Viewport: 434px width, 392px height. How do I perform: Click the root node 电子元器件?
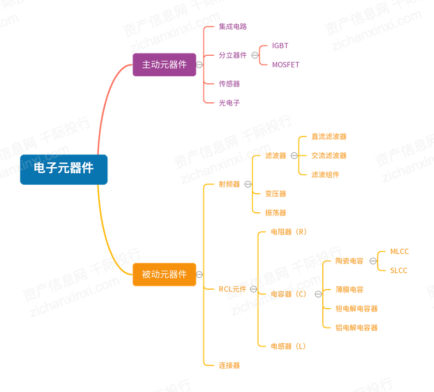click(63, 169)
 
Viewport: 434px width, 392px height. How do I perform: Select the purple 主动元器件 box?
click(164, 64)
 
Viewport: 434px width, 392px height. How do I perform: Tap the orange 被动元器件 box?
click(164, 275)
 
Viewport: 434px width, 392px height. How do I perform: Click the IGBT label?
click(280, 46)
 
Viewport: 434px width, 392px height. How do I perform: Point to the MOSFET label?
click(285, 65)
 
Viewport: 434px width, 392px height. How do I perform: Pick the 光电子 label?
click(229, 102)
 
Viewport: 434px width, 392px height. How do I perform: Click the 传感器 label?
click(229, 83)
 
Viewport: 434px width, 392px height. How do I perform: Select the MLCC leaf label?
click(399, 252)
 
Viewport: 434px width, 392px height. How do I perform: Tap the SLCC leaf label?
click(399, 271)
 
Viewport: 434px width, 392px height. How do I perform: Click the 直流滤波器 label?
click(329, 136)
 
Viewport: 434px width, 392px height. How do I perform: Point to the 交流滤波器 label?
click(329, 155)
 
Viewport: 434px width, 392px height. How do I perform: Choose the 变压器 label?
click(276, 193)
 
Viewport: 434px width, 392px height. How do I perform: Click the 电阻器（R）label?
click(289, 232)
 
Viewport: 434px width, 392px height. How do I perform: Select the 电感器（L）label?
click(289, 346)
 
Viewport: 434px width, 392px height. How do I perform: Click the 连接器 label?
click(229, 365)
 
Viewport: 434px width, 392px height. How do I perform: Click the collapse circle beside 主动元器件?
click(199, 64)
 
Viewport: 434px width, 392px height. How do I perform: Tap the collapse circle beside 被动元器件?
click(199, 275)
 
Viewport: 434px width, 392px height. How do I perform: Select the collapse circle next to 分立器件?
click(254, 55)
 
